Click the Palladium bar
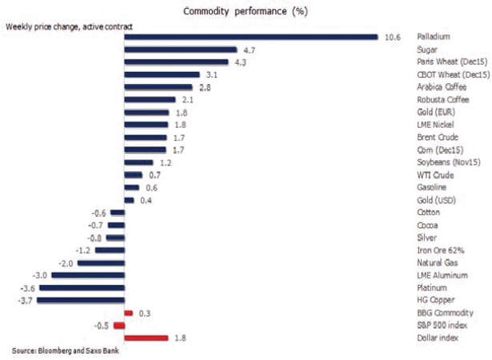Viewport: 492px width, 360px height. (x=251, y=37)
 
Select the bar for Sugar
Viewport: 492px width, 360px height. (x=181, y=50)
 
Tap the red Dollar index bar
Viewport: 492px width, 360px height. (x=146, y=338)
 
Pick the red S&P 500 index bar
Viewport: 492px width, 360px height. (x=119, y=326)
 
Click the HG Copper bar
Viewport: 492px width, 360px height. (x=81, y=300)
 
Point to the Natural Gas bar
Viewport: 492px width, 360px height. (x=101, y=263)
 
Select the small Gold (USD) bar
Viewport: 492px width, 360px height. (x=130, y=200)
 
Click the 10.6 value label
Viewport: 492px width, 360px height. (x=393, y=38)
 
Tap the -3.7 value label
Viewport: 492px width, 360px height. (x=25, y=301)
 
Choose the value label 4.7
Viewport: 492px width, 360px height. (x=249, y=50)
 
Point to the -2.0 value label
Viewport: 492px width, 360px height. (x=66, y=263)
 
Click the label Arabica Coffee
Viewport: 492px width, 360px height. (x=442, y=87)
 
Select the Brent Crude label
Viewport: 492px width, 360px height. (x=438, y=137)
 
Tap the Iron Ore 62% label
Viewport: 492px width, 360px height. (x=441, y=250)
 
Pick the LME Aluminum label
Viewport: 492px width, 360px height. (x=442, y=275)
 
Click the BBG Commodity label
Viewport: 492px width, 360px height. (x=445, y=313)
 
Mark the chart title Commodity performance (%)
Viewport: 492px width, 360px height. (x=246, y=11)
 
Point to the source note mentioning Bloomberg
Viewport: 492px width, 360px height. (x=66, y=350)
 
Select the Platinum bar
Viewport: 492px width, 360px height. (x=82, y=288)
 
